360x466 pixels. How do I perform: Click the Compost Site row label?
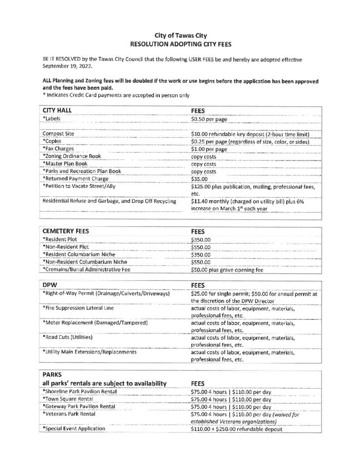[x=58, y=134]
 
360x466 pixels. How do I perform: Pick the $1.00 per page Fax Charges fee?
[x=208, y=149]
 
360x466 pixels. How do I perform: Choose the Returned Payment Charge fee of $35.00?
[x=199, y=179]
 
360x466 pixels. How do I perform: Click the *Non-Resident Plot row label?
[x=64, y=247]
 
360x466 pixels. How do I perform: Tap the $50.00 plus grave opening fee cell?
[x=227, y=269]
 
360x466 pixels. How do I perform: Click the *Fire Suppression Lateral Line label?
[x=77, y=308]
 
